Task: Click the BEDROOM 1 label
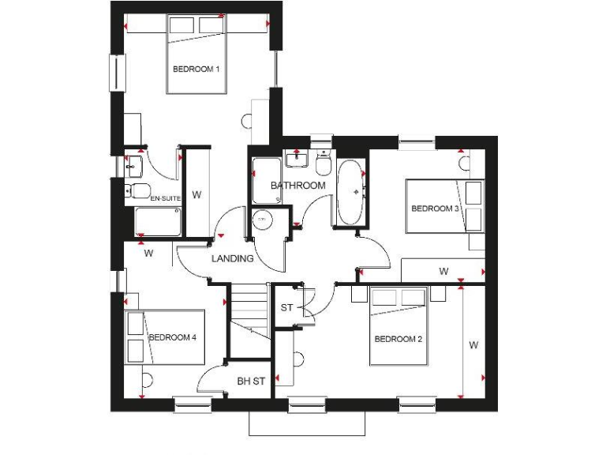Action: coord(196,70)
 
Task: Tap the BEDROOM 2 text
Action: coord(398,339)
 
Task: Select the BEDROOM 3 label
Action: coord(435,209)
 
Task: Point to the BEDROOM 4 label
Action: coord(172,337)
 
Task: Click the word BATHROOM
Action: coord(298,186)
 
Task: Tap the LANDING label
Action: coord(233,258)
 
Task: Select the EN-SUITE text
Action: coord(165,197)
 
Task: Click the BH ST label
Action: coord(251,382)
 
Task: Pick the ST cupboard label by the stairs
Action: coord(286,306)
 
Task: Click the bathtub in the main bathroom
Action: coord(350,193)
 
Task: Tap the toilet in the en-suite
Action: coord(137,190)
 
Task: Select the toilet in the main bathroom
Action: coord(323,164)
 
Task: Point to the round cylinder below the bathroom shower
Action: coord(261,220)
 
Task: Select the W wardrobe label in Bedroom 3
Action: coord(443,272)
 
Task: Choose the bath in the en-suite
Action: coord(156,221)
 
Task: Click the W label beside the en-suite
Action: coord(197,194)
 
